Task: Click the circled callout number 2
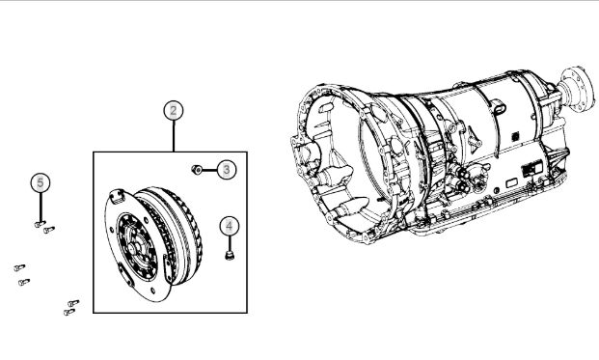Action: click(174, 110)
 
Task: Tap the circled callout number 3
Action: click(227, 169)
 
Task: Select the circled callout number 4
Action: click(230, 226)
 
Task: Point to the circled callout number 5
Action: click(41, 182)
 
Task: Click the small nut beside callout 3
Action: click(197, 169)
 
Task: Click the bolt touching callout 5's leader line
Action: click(40, 224)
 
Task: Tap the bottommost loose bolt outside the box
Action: click(69, 313)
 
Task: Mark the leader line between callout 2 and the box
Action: click(174, 136)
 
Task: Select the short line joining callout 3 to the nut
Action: click(209, 169)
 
